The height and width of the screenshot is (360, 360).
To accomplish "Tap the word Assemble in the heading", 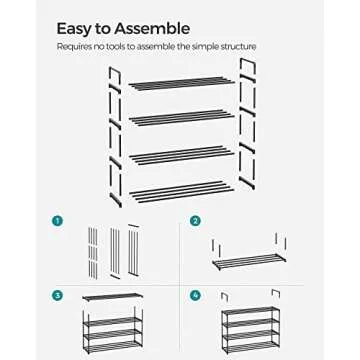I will pyautogui.click(x=152, y=30).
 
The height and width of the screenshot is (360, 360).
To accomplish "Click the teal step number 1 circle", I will pyautogui.click(x=57, y=220).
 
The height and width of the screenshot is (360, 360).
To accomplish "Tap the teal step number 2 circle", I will pyautogui.click(x=195, y=220).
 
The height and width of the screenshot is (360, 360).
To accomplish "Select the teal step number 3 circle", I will pyautogui.click(x=57, y=296).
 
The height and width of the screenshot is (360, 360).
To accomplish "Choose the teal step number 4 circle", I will pyautogui.click(x=195, y=296).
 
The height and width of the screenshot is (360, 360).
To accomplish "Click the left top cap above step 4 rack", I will pyautogui.click(x=226, y=295).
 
